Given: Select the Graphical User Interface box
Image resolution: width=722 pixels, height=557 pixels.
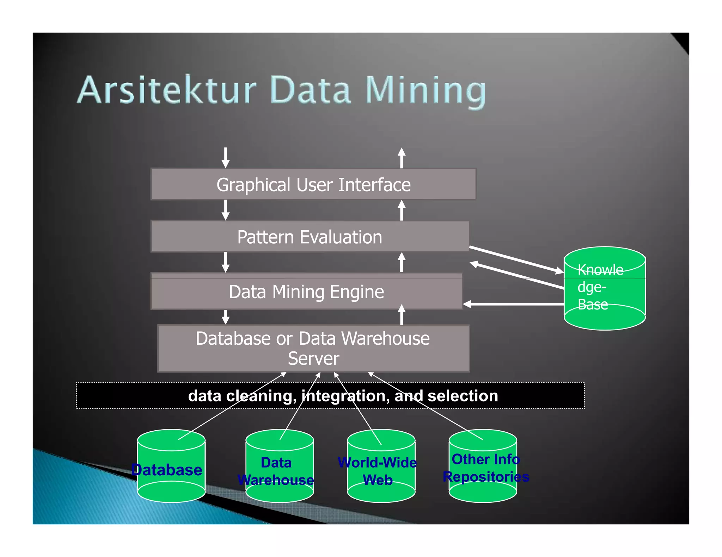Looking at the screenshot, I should click(313, 184).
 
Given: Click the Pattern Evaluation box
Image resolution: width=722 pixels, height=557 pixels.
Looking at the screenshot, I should click(310, 236).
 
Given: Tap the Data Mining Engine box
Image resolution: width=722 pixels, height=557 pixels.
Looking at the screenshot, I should click(306, 292).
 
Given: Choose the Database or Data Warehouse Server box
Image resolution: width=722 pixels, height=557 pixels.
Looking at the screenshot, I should click(313, 348).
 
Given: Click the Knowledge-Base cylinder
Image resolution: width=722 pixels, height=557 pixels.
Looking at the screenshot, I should click(604, 288).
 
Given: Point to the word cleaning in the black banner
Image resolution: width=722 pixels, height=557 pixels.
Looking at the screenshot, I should click(261, 396).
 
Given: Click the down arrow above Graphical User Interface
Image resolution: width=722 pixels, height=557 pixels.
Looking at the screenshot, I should click(226, 158).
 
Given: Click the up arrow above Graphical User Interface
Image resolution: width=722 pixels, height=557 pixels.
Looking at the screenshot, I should click(401, 158).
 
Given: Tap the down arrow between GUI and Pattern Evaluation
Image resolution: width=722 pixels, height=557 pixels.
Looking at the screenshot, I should click(226, 210).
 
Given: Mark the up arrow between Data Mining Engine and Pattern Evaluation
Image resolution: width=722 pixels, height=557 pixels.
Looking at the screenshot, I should click(401, 262).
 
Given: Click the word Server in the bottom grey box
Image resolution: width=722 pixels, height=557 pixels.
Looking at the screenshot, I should click(313, 358).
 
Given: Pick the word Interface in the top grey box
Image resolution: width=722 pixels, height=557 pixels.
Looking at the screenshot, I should click(374, 184).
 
